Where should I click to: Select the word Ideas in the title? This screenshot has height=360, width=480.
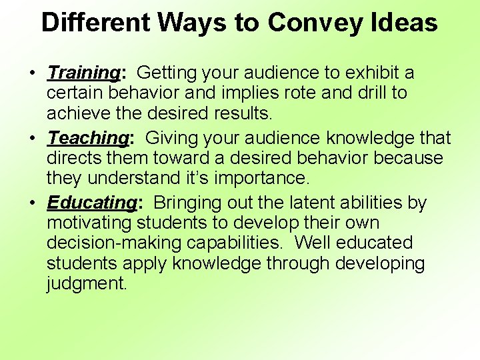(x=405, y=23)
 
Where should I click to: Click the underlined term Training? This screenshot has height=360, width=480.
(x=83, y=73)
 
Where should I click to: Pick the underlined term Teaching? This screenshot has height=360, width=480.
(x=87, y=138)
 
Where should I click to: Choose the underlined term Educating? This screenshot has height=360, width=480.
(x=91, y=203)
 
